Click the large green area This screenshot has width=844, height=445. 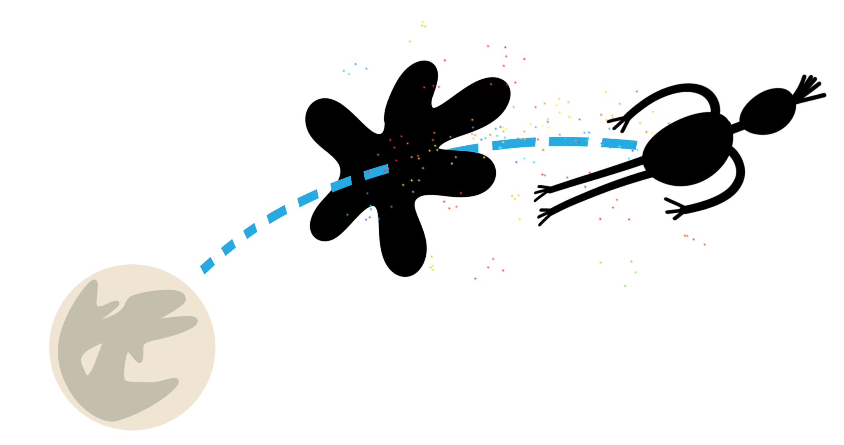(x=495, y=362)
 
